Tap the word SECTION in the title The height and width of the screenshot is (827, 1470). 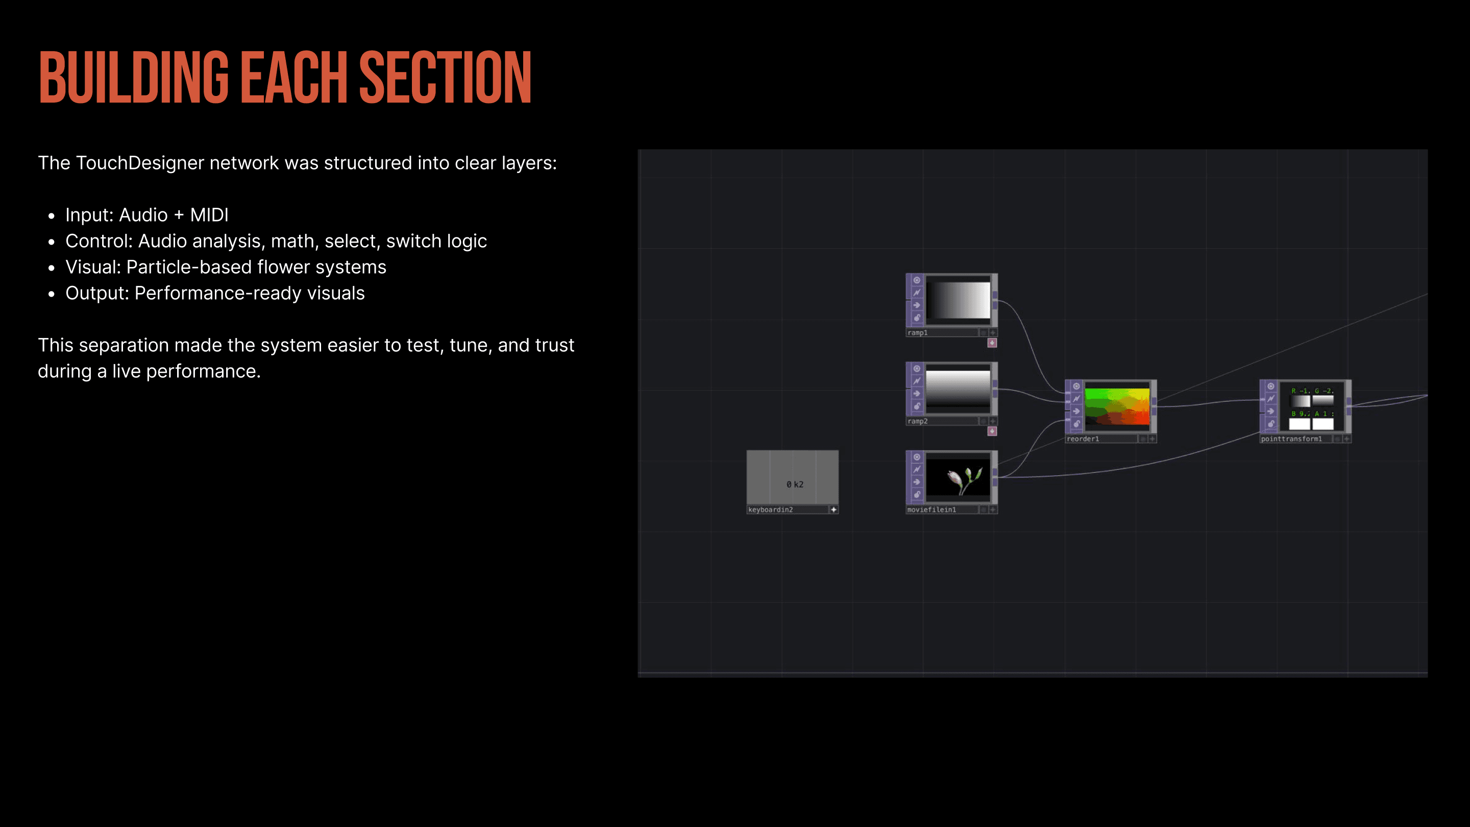pos(445,78)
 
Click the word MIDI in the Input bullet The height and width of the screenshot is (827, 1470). pos(209,215)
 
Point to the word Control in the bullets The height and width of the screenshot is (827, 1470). pos(99,241)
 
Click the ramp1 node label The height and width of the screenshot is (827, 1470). pos(918,333)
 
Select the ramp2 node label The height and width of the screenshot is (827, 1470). pos(918,421)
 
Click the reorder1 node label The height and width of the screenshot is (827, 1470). pos(1083,439)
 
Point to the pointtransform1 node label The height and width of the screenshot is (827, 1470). pos(1291,439)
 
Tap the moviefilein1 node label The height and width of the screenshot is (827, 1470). pos(932,509)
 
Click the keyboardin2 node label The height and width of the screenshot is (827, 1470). pos(770,509)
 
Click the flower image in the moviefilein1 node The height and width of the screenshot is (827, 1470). pos(959,478)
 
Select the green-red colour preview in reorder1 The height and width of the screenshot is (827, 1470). pos(1117,406)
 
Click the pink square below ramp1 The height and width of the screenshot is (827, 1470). pos(992,343)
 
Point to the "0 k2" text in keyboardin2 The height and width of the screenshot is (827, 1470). pos(794,484)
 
